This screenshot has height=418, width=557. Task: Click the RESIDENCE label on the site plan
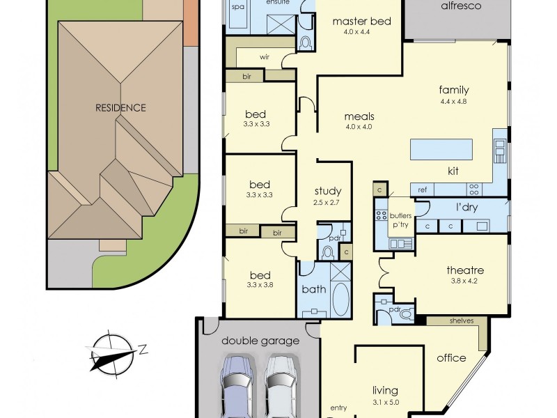click(x=120, y=108)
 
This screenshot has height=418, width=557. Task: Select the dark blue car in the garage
click(x=237, y=387)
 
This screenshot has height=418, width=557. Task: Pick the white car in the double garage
click(x=280, y=387)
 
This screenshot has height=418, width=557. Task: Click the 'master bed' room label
click(x=361, y=22)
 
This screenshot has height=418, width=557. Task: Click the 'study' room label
click(x=327, y=191)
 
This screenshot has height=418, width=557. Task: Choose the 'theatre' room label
click(x=465, y=270)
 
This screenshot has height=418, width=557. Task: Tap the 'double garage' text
click(x=261, y=341)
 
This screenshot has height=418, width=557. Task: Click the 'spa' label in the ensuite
click(x=237, y=6)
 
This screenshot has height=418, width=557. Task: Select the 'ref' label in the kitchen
click(x=422, y=188)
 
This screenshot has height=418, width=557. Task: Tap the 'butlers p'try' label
click(x=401, y=221)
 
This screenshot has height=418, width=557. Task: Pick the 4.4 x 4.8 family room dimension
click(x=453, y=102)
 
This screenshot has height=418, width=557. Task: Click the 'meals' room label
click(x=359, y=116)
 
